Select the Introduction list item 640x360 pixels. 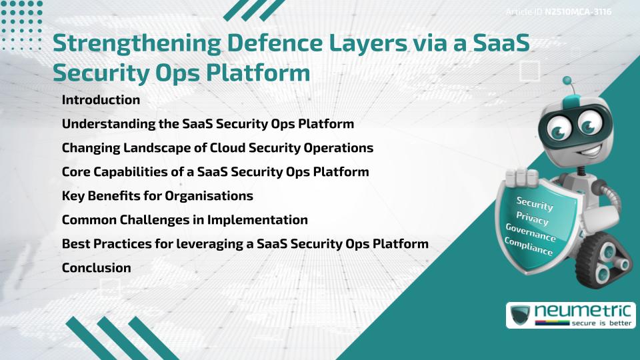pos(101,100)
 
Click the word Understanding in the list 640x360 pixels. pos(103,124)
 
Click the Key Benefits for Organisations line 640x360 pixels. pos(157,196)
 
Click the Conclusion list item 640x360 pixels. pos(96,268)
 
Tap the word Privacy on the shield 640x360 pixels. pos(532,219)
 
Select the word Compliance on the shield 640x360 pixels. pos(529,247)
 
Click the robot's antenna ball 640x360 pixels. pos(568,81)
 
